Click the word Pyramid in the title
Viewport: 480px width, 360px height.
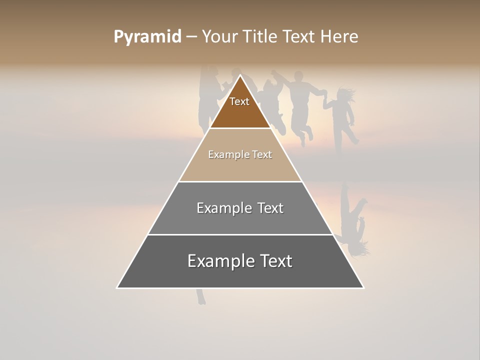[x=147, y=37]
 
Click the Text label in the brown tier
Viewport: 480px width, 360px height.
[x=239, y=101]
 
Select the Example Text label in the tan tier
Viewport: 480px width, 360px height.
[x=240, y=154]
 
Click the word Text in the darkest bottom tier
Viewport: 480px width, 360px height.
[x=276, y=261]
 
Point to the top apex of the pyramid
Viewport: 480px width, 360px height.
[x=240, y=75]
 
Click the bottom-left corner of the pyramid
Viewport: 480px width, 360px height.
[x=117, y=287]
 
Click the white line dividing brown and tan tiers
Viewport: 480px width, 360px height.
[x=240, y=128]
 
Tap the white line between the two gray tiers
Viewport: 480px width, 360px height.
[x=240, y=234]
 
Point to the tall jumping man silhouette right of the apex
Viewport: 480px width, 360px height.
[x=300, y=105]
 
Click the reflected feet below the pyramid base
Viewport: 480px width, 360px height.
[x=200, y=297]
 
